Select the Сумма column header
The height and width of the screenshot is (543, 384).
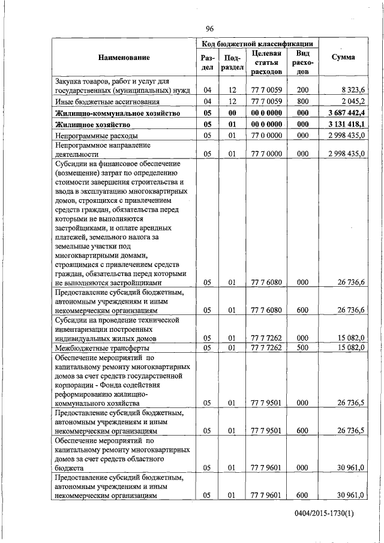(343, 58)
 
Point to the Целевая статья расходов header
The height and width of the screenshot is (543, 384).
(267, 62)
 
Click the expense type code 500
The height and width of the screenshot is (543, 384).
(302, 348)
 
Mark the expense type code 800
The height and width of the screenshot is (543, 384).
(302, 101)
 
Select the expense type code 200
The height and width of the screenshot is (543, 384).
(302, 90)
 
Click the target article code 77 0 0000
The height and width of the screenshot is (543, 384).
(267, 136)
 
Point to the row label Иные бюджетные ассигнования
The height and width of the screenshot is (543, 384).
(99, 101)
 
